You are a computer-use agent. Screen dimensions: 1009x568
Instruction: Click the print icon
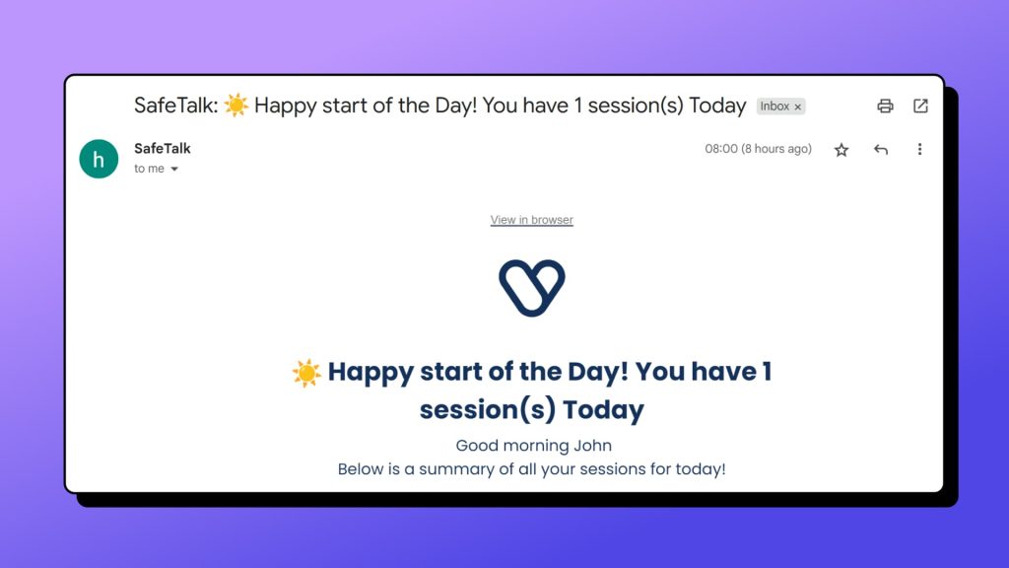pos(885,106)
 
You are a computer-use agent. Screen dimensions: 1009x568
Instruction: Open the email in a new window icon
pos(920,106)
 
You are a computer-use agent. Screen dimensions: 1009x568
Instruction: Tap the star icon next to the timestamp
pos(841,150)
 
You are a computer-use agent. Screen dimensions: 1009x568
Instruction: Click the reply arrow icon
pos(880,150)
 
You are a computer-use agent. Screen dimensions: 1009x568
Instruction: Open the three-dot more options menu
pos(919,150)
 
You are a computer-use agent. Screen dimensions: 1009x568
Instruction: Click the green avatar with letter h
pos(99,159)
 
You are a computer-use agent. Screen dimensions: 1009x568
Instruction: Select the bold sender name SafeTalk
pos(163,148)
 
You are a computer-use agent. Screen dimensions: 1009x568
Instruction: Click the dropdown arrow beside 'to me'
pos(174,170)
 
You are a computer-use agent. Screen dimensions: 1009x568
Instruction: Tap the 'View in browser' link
pos(531,220)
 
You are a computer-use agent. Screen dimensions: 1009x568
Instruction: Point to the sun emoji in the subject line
pos(236,105)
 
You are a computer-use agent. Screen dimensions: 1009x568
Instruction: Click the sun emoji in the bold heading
pos(306,373)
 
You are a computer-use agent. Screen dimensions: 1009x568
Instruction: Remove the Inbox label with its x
pos(798,106)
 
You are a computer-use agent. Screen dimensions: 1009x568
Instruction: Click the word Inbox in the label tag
pos(774,106)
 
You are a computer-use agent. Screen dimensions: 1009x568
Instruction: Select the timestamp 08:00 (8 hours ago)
pos(758,149)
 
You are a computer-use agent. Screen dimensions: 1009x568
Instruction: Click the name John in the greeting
pos(592,446)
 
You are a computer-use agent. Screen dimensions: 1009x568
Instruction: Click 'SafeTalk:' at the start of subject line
pos(175,105)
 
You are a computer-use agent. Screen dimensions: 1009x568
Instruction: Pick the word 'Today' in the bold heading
pos(604,409)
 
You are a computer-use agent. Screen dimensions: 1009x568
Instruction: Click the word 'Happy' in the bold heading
pos(370,373)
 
